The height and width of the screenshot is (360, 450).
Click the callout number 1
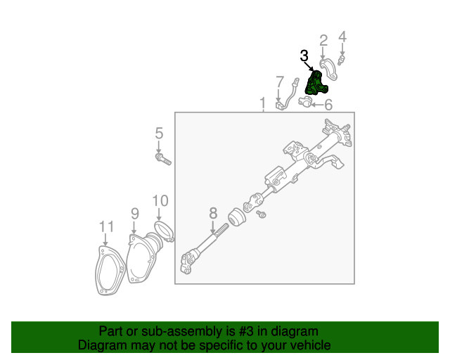[x=262, y=103]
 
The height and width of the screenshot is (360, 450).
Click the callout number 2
[x=323, y=40]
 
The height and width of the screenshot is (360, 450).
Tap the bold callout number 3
[x=304, y=56]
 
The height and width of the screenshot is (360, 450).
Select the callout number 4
[x=342, y=37]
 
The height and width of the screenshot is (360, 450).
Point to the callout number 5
[x=159, y=133]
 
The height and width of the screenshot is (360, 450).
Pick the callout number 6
[x=328, y=105]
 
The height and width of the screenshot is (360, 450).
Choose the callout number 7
[x=279, y=82]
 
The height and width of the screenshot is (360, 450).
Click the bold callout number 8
[x=213, y=213]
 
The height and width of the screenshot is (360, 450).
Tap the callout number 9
[x=134, y=213]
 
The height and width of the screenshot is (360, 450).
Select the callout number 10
[x=160, y=200]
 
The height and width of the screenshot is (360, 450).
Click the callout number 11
[x=105, y=226]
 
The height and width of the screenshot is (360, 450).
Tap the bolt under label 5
[x=163, y=160]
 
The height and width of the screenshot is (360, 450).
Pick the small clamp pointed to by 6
[x=305, y=103]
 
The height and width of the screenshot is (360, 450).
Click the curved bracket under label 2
[x=328, y=68]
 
